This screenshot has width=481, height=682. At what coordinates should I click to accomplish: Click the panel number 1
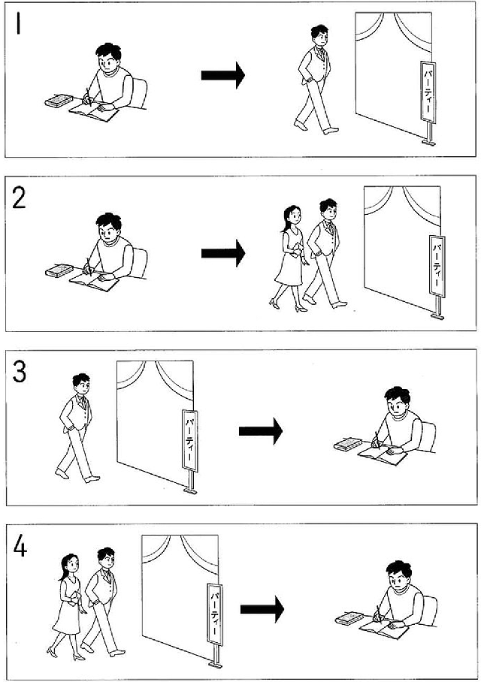tap(18, 23)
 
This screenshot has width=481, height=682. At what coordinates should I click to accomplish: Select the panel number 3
tap(19, 373)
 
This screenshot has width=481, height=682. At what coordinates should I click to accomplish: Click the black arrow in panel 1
tap(223, 75)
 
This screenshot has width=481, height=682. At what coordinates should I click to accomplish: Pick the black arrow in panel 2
tap(223, 252)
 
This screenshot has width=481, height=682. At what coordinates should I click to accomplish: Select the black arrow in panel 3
tap(260, 431)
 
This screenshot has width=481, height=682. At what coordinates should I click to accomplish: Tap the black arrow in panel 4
tap(262, 609)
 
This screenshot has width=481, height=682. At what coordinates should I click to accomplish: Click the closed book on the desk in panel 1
tap(59, 101)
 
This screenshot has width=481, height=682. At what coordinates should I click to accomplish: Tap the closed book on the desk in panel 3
tap(348, 444)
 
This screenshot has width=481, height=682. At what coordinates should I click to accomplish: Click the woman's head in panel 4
tap(70, 563)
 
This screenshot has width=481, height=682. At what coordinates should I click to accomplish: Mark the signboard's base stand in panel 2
tap(437, 316)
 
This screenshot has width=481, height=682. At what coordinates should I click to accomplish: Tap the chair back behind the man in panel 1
tap(139, 94)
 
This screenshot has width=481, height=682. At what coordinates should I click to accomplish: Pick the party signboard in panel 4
tap(215, 614)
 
